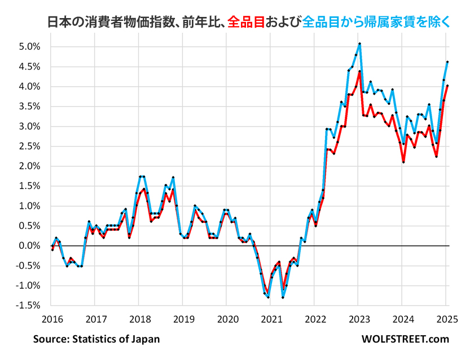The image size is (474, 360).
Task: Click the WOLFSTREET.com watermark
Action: pos(405,339)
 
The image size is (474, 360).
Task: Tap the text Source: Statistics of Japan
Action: pos(96,339)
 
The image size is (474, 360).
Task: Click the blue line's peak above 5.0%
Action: pos(359,43)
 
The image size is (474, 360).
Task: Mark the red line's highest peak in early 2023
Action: pos(359,71)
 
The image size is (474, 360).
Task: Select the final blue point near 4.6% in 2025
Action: pos(447,62)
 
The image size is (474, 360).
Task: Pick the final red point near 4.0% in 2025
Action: pos(447,86)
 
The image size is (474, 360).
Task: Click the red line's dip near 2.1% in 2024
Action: pos(403,162)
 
